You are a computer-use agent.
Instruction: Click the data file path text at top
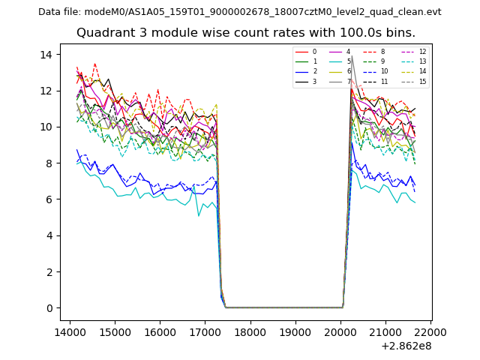pos(239,12)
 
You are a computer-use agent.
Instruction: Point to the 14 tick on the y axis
pos(46,55)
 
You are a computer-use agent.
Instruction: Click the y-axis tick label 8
pos(49,163)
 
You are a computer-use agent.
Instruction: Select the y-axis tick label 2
pos(49,271)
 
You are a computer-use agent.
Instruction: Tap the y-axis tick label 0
pos(49,307)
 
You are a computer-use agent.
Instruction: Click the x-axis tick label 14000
pos(70,331)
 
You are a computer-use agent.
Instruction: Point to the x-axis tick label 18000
pos(250,331)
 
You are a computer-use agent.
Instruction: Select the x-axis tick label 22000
pos(430,331)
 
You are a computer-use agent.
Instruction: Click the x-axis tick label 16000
pos(160,331)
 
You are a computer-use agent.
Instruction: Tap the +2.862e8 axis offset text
pos(406,346)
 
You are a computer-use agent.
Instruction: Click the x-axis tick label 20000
pos(340,331)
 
